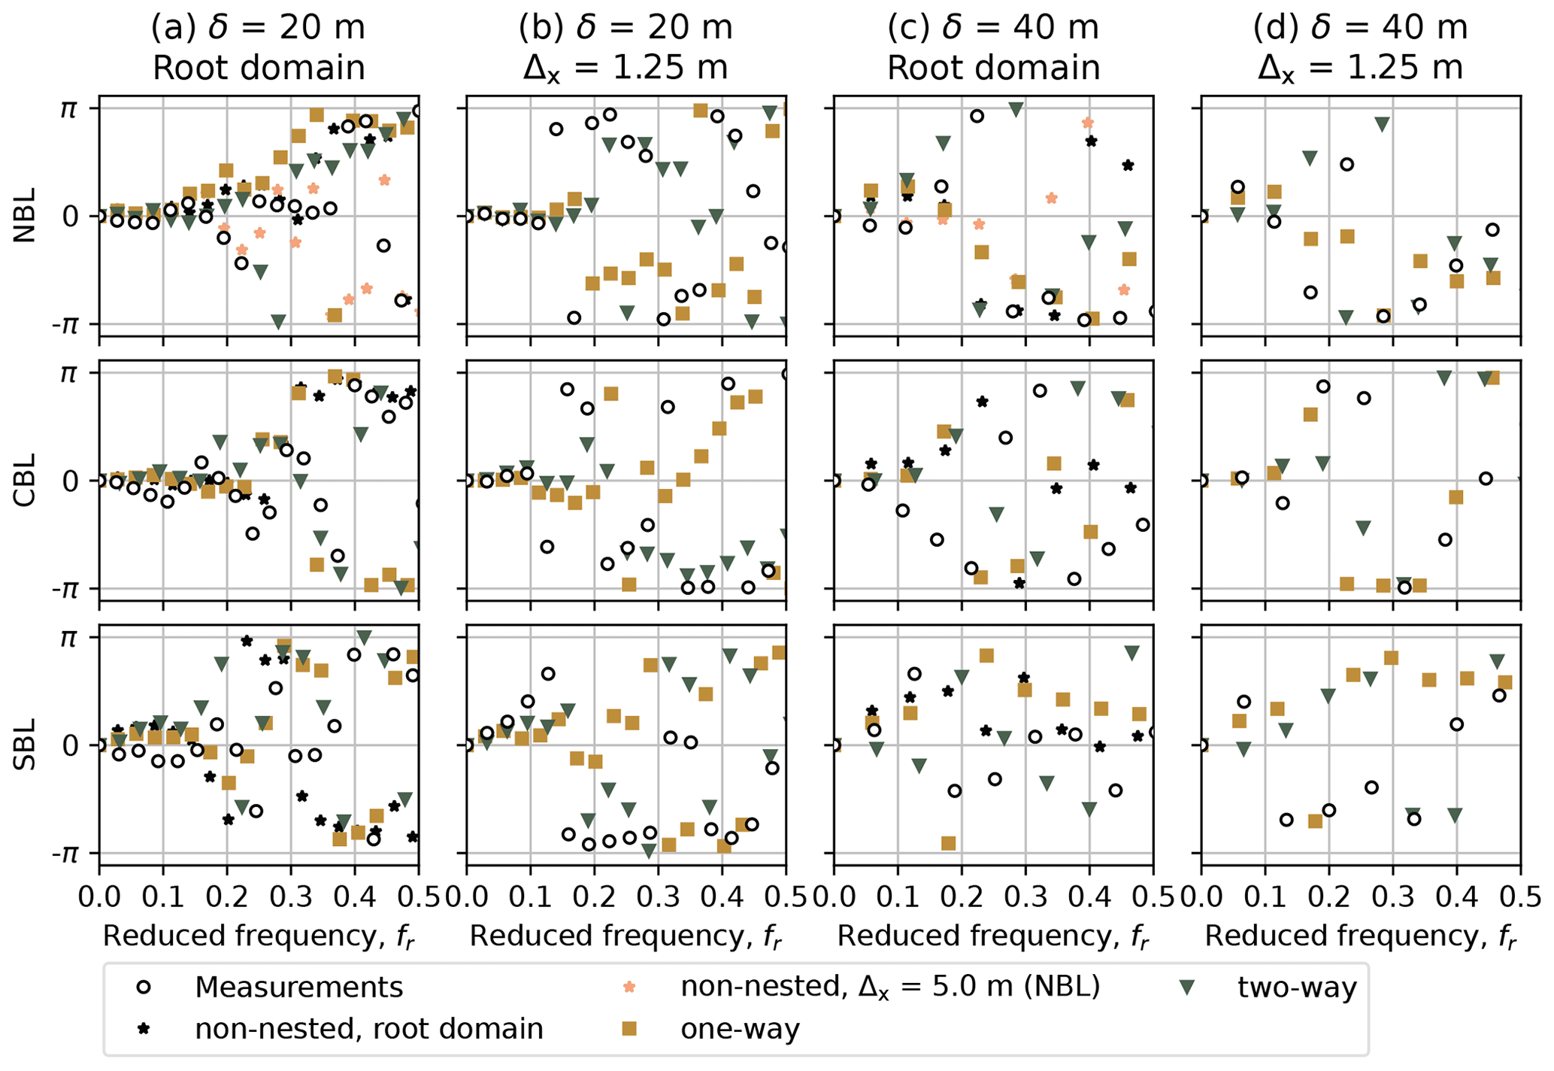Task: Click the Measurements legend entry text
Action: coord(298,987)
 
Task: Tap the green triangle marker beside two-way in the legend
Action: coord(1187,988)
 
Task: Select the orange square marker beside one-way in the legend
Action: coord(630,1028)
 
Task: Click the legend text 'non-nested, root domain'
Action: coord(368,1028)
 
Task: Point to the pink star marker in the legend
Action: coord(630,987)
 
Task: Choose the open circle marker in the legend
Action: coord(143,987)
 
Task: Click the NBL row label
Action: coord(25,216)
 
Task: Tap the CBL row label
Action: coord(25,480)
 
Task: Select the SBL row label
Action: coord(25,745)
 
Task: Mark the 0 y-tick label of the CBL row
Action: coord(69,481)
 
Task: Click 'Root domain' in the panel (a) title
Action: coord(259,68)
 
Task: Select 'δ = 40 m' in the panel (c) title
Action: coord(1019,28)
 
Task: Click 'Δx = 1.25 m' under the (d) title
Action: coord(1361,68)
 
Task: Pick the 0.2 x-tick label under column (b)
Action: coord(594,898)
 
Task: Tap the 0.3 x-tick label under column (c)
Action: coord(1025,898)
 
